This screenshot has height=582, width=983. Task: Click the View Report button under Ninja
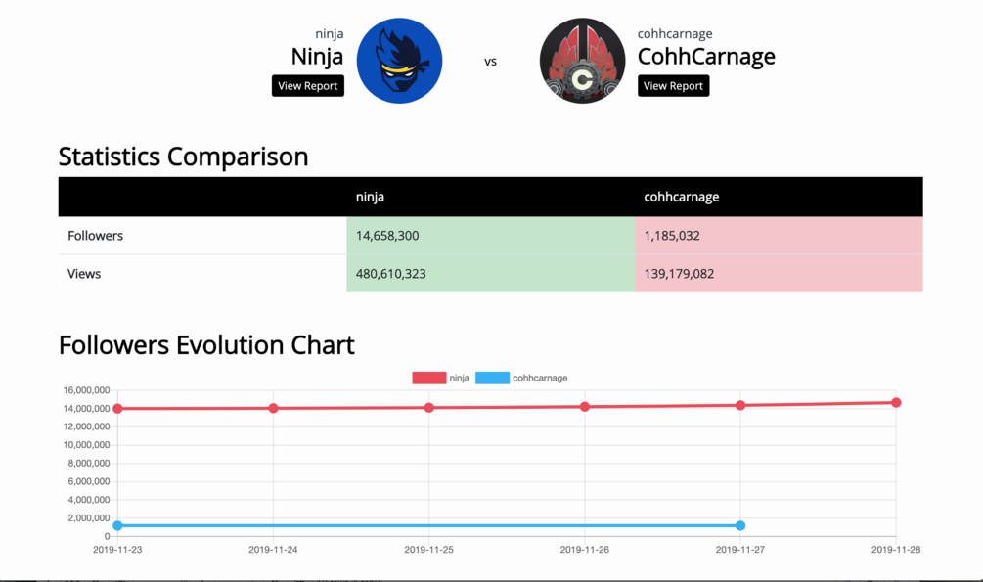tap(307, 86)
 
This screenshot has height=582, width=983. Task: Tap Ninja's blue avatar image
tap(399, 61)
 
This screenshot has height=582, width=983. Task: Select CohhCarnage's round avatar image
tap(582, 61)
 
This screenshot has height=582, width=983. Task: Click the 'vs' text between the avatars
tap(490, 62)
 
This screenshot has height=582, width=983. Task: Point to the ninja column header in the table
tap(370, 197)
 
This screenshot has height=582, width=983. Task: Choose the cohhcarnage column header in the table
tap(681, 197)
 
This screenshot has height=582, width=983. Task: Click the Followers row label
tap(95, 236)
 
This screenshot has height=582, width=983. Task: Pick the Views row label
tap(84, 274)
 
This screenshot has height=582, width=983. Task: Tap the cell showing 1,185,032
tap(672, 236)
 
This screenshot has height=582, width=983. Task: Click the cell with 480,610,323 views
tap(390, 274)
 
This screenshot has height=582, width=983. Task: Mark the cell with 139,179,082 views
tap(679, 274)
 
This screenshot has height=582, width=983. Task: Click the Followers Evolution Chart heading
tap(206, 345)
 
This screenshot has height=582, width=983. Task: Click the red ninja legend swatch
tap(428, 378)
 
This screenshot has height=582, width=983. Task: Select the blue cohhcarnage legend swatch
tap(492, 378)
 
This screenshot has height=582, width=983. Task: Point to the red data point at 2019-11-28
tap(896, 403)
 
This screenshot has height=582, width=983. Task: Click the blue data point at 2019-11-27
tap(740, 526)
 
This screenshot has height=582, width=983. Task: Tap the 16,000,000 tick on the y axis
tap(86, 390)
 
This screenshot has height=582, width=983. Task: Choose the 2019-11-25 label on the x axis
tap(428, 550)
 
